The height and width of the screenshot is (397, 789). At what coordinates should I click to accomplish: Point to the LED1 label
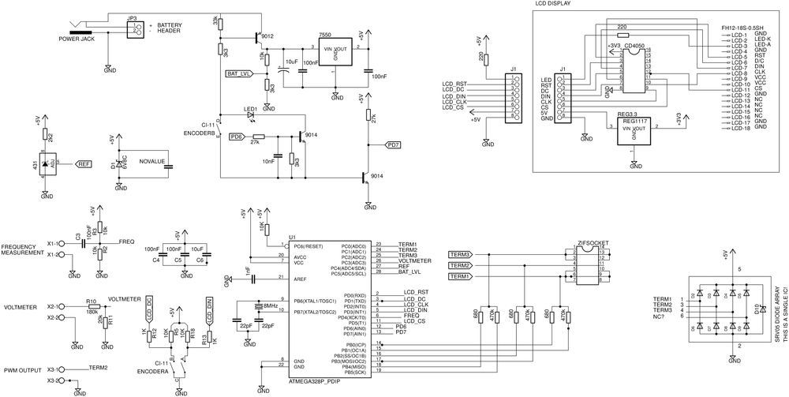click(x=249, y=108)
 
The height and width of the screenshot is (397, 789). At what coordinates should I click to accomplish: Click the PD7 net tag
click(x=393, y=144)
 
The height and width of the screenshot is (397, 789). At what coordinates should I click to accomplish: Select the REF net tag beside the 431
click(x=84, y=164)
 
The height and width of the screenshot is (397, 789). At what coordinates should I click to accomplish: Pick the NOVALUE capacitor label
click(x=151, y=161)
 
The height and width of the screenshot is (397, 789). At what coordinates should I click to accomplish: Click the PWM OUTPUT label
click(x=23, y=370)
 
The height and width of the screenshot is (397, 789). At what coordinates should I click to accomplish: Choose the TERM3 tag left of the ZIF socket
click(x=459, y=255)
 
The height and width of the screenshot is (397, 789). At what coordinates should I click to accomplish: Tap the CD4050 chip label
click(x=634, y=47)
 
